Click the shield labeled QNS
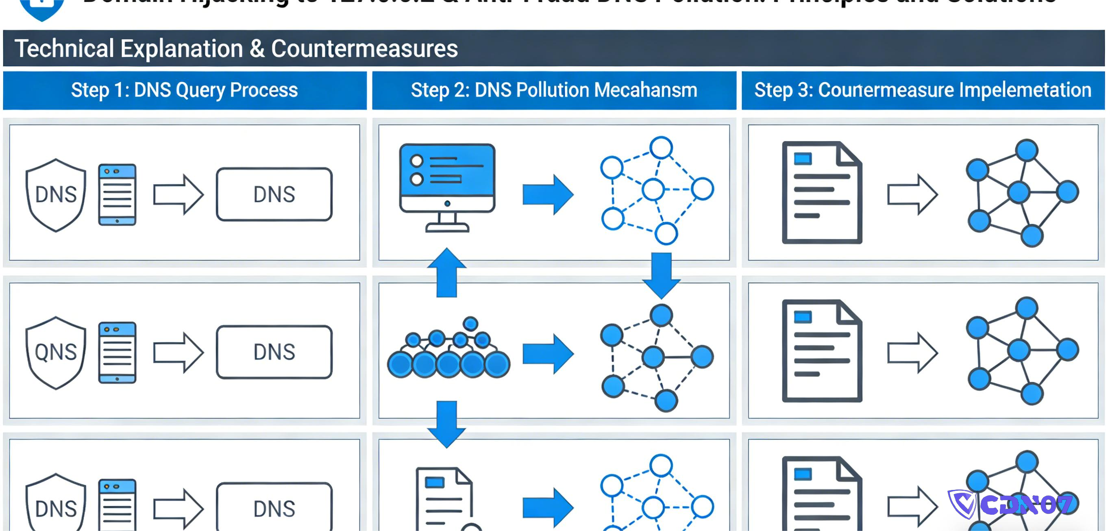point(56,353)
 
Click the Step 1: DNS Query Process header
point(185,90)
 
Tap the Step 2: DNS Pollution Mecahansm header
point(554,90)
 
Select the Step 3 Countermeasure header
point(923,90)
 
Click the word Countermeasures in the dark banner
point(364,48)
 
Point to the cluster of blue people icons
point(448,351)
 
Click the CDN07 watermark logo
point(1010,504)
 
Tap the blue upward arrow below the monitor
point(447,272)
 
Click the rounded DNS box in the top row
point(274,194)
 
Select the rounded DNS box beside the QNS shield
point(274,352)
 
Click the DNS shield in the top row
point(56,195)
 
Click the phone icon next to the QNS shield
point(117,352)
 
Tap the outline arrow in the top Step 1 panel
point(178,194)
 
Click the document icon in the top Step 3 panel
point(821,193)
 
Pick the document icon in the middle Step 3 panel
point(821,351)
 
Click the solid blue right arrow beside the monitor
point(548,194)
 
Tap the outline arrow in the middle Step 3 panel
point(912,353)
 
